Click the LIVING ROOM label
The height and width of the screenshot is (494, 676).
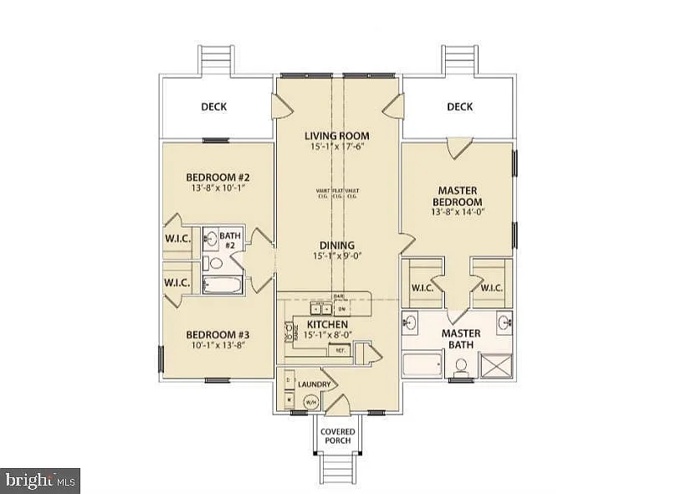[336, 136]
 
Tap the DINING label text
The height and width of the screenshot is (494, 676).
[336, 245]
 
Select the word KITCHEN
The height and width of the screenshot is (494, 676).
[327, 324]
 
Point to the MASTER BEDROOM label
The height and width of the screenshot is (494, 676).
[457, 197]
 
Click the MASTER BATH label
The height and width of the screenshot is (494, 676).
[460, 337]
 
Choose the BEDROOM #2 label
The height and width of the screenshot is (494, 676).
[218, 178]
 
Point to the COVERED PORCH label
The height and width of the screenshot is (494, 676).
[339, 436]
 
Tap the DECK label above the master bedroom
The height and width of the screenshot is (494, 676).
[459, 106]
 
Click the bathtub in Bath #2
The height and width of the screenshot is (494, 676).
[221, 284]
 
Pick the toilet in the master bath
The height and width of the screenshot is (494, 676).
[460, 366]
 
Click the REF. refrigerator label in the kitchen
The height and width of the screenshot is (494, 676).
[341, 352]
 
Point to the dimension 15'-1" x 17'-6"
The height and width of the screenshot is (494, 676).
[336, 147]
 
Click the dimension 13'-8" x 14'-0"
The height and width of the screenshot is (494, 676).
[457, 213]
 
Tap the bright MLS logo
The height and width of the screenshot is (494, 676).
[40, 480]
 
